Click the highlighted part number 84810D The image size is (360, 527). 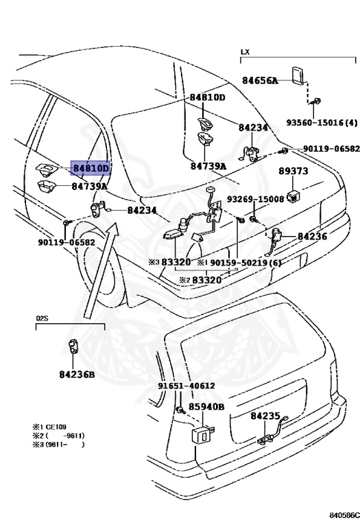(x=90, y=167)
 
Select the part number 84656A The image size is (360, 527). (x=260, y=80)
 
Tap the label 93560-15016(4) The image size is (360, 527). (x=322, y=123)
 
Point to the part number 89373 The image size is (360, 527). (x=293, y=171)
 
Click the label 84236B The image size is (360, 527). (x=77, y=374)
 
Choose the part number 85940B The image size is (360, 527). (x=206, y=407)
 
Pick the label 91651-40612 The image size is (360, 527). (x=187, y=386)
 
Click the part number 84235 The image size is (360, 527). (x=265, y=416)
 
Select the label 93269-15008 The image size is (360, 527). (x=255, y=199)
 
